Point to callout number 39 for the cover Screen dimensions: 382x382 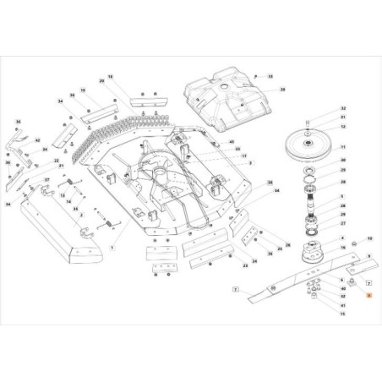282,89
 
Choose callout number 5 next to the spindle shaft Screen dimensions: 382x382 343,205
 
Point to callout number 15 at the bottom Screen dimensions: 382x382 343,314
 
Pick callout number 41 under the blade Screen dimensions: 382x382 343,305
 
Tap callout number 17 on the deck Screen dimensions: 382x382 243,156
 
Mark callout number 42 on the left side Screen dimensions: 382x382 37,139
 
